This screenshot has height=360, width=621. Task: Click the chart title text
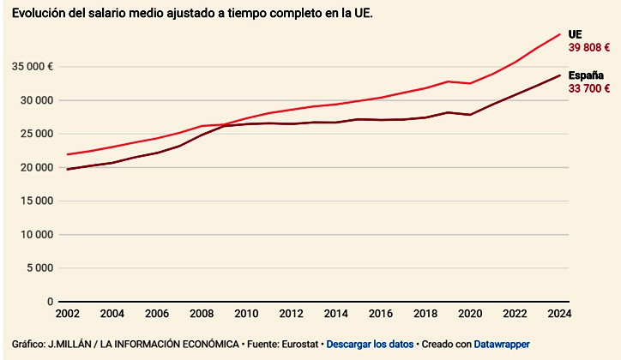[194, 15]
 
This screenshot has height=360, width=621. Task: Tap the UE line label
[576, 34]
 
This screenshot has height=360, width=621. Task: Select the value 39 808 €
[589, 48]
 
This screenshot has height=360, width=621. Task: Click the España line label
[586, 75]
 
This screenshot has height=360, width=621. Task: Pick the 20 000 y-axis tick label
[34, 167]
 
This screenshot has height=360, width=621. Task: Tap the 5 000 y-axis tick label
[38, 268]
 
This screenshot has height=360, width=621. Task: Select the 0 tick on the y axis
[50, 302]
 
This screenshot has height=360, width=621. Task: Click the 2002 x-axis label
[69, 315]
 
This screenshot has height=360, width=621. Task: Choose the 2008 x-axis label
[202, 315]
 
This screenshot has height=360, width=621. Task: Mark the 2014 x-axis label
[336, 315]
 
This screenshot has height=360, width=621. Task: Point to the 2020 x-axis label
[470, 315]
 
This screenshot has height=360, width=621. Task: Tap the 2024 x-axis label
[559, 315]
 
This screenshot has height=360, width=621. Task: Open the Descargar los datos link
[369, 344]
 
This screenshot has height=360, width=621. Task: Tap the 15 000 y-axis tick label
[34, 201]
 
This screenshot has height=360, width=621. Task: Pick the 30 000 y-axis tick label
[34, 100]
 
